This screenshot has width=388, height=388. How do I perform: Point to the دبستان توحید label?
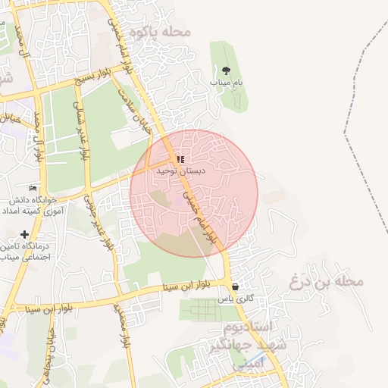click(x=177, y=172)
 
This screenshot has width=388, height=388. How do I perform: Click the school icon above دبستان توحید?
click(x=180, y=159)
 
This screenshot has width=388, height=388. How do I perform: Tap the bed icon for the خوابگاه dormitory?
click(x=32, y=188)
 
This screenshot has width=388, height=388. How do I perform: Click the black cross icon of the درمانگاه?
click(x=26, y=235)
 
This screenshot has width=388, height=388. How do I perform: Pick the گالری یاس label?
click(x=233, y=299)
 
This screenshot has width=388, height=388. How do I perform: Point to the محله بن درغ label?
click(x=327, y=282)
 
